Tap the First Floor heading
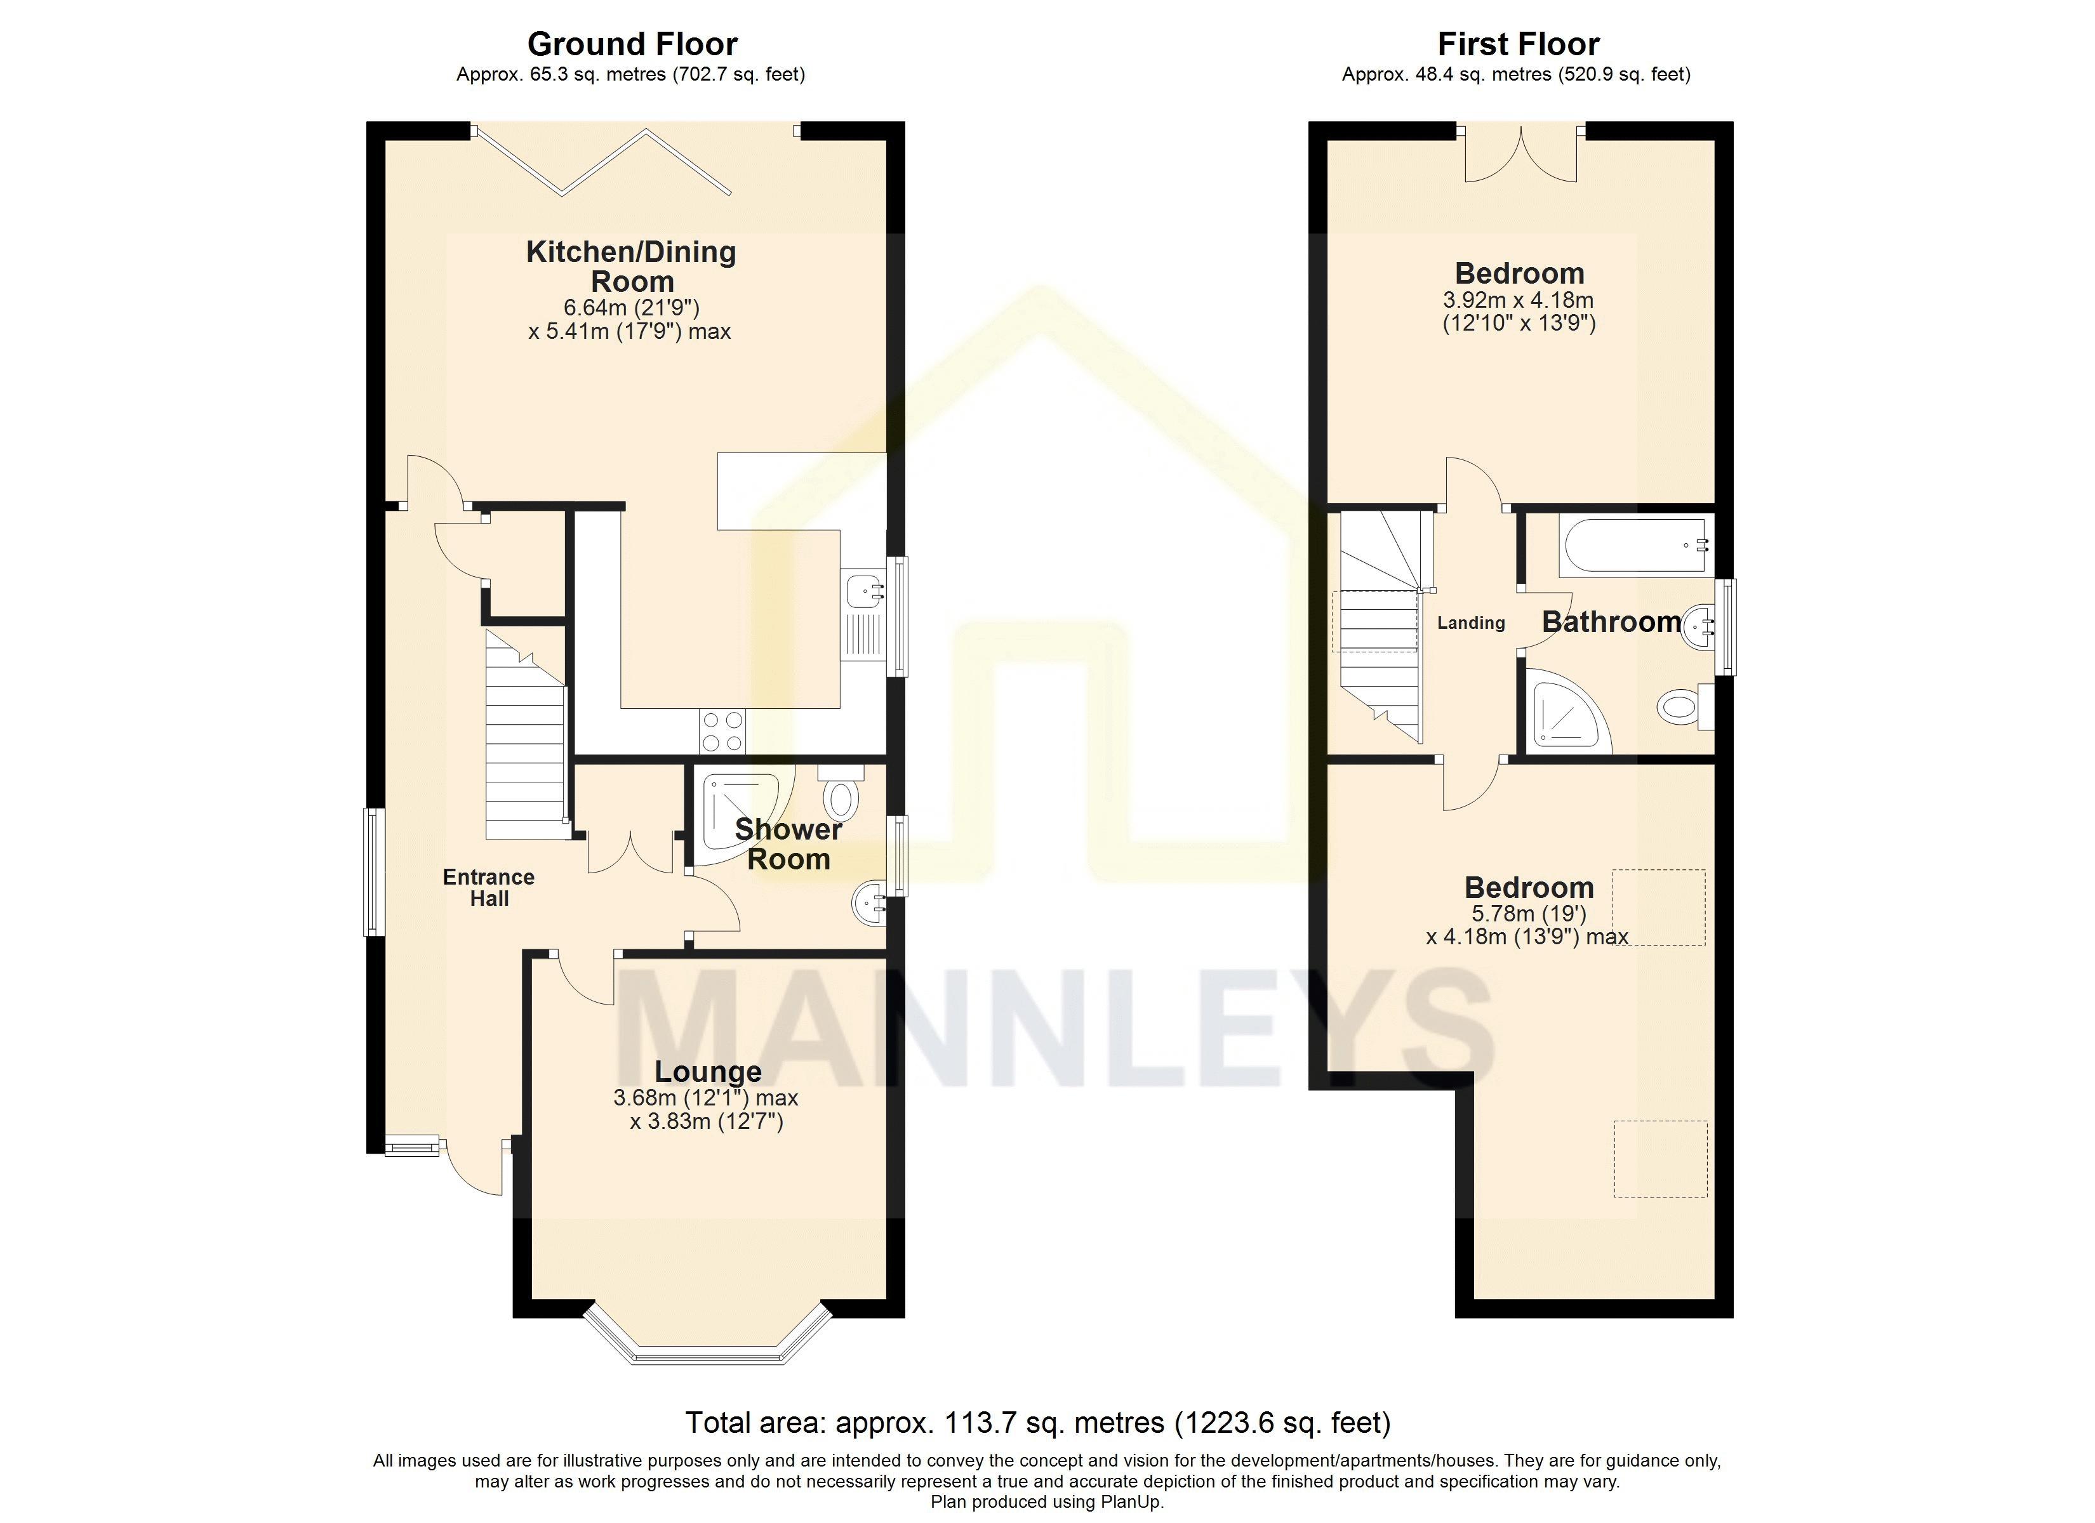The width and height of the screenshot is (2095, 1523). click(1518, 44)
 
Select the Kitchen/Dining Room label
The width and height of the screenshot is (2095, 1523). click(631, 266)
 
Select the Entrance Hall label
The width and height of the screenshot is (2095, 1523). click(489, 888)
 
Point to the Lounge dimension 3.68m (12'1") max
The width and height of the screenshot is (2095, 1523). click(706, 1098)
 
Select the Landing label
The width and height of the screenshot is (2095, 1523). click(1470, 623)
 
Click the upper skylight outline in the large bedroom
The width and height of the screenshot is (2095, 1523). click(1658, 907)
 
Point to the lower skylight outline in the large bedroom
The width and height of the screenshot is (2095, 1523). click(1660, 1159)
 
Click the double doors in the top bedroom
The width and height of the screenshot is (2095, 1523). click(1520, 154)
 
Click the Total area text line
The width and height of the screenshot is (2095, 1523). click(1037, 1422)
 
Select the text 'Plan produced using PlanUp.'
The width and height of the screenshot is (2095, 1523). click(1047, 1502)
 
